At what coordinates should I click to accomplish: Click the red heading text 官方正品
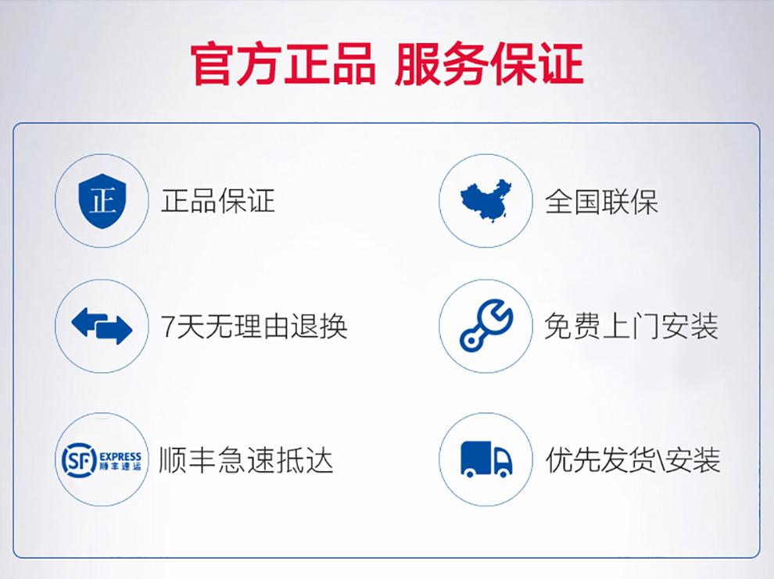pos(283,65)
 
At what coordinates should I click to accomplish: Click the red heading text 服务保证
pos(489,65)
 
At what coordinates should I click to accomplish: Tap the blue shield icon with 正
pos(102,201)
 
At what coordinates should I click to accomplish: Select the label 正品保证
pos(217,202)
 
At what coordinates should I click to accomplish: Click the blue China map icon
pos(486,201)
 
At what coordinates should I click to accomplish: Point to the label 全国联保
pos(601,202)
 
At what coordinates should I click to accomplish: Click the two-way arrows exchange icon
pos(102,326)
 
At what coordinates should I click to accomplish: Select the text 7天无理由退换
pos(254,327)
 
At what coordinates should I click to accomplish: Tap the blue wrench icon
pos(486,326)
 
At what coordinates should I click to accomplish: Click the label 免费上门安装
pos(631,327)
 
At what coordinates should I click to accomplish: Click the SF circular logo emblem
pos(79,460)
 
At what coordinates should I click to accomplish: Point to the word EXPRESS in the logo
pos(120,456)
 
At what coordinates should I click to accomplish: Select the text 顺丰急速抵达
pos(245,460)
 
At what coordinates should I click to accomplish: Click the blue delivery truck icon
pos(486,459)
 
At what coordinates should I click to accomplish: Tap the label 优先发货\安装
pos(632,460)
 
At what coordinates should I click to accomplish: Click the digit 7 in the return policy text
pos(168,327)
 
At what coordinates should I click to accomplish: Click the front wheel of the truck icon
pos(503,474)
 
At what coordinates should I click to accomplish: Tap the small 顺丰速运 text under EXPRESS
pos(120,466)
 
